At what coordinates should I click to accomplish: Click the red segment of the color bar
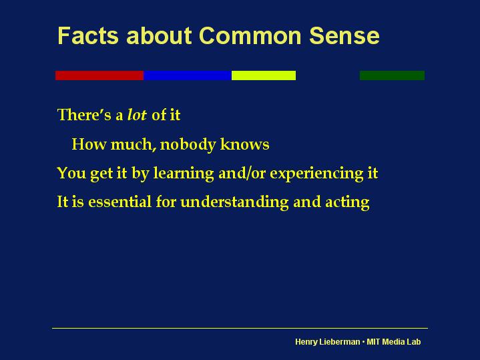[x=99, y=75]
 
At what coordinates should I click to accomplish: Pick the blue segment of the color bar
[x=187, y=75]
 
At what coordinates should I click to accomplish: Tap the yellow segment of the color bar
[x=263, y=75]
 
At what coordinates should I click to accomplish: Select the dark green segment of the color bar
[x=392, y=75]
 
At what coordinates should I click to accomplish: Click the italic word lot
[x=136, y=115]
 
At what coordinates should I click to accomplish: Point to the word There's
[x=85, y=115]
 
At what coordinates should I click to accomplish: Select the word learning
[x=184, y=174]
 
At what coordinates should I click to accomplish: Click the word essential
[x=118, y=202]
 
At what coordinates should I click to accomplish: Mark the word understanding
[x=234, y=202]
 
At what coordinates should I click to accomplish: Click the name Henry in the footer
[x=307, y=342]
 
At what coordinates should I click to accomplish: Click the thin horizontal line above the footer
[x=240, y=328]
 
